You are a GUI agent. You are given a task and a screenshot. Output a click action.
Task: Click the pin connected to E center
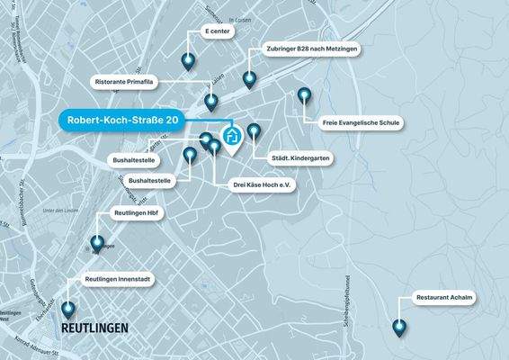[x=188, y=61]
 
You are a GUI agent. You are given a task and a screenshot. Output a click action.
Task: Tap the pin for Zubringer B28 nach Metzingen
[x=252, y=78]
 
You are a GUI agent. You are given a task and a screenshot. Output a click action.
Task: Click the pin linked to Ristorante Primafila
[x=210, y=101]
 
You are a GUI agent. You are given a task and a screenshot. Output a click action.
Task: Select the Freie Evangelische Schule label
[x=362, y=122]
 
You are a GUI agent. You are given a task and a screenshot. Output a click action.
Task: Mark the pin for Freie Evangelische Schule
[x=304, y=94]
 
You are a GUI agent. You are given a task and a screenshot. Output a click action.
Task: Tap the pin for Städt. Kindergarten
[x=254, y=131]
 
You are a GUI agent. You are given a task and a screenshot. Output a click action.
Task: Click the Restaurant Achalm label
[x=444, y=298]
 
